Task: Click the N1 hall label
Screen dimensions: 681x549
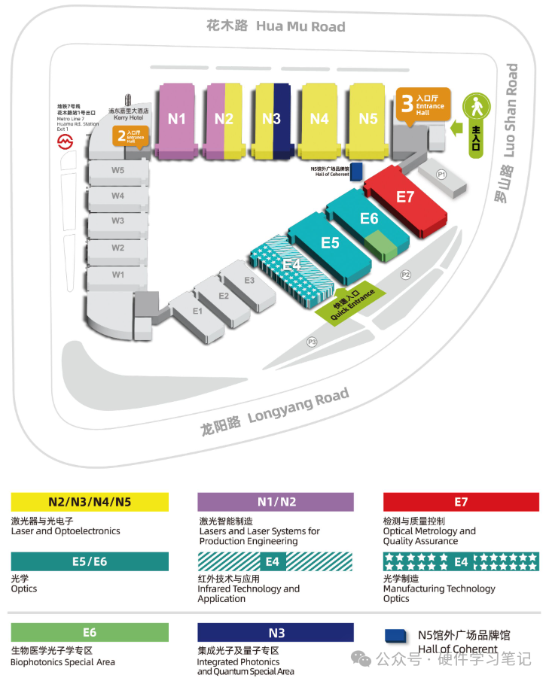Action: click(177, 118)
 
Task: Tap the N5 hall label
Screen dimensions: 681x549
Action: click(368, 118)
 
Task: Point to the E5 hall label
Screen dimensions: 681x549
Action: click(330, 242)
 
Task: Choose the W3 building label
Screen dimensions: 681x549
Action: click(118, 220)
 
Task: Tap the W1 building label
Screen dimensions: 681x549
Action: click(118, 275)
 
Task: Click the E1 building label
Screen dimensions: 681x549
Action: click(198, 311)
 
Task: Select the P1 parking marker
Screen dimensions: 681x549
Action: click(442, 175)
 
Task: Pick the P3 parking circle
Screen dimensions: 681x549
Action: click(312, 342)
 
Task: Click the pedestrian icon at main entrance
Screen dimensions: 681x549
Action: click(477, 108)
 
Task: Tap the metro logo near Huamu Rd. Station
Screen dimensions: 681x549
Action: click(66, 141)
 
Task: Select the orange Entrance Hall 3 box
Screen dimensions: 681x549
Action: click(422, 106)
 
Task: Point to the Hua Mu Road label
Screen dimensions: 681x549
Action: click(276, 26)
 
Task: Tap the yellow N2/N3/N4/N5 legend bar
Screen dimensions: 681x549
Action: click(90, 502)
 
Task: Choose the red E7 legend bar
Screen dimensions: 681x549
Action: click(461, 502)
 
